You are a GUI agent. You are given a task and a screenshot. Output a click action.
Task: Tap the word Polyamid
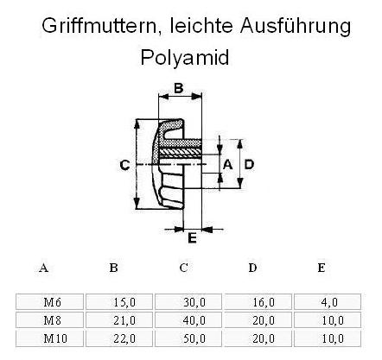tap(185, 58)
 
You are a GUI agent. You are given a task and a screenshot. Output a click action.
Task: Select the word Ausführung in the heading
tap(296, 26)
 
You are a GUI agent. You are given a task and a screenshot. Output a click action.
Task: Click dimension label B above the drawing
tap(179, 88)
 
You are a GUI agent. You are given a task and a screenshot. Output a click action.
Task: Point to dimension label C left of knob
tap(124, 166)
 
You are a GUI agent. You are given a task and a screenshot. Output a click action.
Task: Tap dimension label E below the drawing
tap(192, 238)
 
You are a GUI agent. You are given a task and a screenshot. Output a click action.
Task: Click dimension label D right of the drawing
tap(249, 165)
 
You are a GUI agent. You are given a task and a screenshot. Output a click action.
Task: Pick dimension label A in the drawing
tap(227, 165)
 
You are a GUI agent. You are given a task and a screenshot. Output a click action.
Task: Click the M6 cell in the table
tap(49, 302)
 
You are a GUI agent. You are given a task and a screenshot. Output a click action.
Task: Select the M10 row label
tap(49, 338)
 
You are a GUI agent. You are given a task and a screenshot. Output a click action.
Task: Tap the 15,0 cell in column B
tap(119, 302)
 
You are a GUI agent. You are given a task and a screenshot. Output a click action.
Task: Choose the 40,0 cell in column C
tap(188, 320)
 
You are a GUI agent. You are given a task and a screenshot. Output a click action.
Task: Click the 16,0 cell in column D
tap(258, 302)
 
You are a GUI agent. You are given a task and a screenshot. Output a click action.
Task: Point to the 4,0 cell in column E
tap(328, 302)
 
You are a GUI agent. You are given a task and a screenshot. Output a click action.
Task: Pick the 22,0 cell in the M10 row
tap(119, 338)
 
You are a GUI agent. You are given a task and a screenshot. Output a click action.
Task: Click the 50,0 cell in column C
tap(188, 338)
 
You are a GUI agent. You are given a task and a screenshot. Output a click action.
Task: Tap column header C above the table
tap(183, 268)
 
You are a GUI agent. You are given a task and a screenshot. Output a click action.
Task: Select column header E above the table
tap(322, 268)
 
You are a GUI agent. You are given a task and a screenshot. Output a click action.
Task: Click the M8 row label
tap(49, 320)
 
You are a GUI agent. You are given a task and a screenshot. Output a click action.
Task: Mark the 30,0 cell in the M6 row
tap(188, 302)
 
